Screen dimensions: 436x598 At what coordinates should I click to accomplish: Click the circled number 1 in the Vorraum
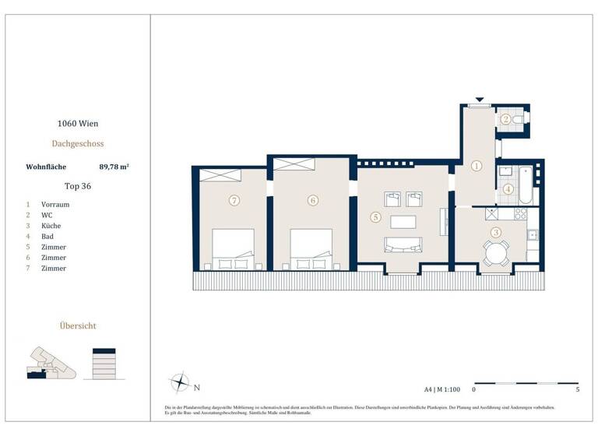tap(477, 165)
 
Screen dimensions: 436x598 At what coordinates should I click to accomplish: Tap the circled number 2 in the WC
tap(505, 119)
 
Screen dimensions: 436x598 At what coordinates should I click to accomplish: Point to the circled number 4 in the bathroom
tap(507, 188)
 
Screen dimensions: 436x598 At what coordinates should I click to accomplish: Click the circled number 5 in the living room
tap(375, 218)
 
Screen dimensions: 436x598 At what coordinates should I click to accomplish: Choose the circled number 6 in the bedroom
tap(312, 200)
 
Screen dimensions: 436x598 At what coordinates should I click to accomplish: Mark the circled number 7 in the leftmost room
tap(233, 200)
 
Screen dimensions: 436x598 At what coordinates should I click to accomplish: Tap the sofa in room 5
tap(403, 244)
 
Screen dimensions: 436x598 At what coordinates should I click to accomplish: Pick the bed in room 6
tap(311, 248)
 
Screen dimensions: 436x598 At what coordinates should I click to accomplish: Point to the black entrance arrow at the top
tap(480, 100)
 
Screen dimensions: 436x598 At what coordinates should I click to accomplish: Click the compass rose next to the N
tap(180, 383)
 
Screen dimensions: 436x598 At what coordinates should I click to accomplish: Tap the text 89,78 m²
tap(114, 166)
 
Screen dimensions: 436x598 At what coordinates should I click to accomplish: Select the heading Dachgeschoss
tap(77, 143)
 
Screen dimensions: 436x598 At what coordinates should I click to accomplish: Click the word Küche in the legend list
tap(51, 226)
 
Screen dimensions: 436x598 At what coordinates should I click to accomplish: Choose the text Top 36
tap(77, 186)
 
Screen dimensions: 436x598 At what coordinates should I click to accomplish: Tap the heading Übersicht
tap(77, 325)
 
